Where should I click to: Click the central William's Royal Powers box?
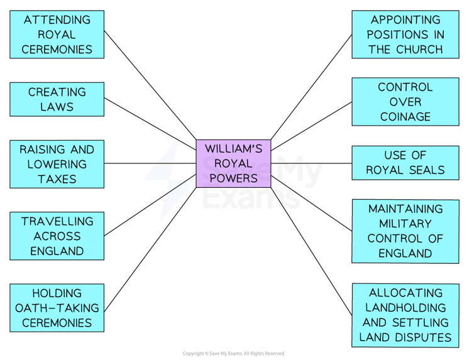coord(233,163)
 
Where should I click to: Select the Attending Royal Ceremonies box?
coord(57,35)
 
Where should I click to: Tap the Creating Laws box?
coord(57,99)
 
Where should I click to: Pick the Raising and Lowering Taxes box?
coord(57,164)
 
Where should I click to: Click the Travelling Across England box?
coord(57,236)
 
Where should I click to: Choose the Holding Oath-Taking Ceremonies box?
coord(57,308)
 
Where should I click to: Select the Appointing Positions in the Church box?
coord(405,35)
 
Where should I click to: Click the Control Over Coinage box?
coord(405,101)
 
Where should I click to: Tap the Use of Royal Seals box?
coord(405,163)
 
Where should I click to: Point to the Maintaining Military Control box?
coord(405,231)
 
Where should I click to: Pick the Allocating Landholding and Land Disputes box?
coord(405,315)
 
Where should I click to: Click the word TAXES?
coord(57,179)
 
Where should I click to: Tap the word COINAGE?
coord(405,116)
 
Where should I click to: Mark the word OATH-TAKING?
coord(57,308)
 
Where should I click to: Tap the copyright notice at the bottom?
coord(233,354)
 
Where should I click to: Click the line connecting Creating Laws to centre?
coord(151,121)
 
